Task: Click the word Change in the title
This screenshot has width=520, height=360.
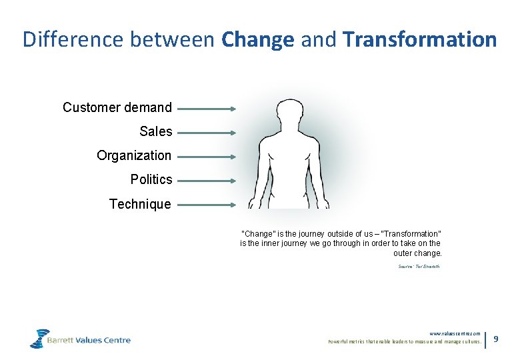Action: (x=257, y=39)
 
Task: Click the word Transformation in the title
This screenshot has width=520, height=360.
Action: (x=420, y=39)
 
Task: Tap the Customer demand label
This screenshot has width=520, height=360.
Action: (x=117, y=107)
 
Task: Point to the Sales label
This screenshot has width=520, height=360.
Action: (x=156, y=131)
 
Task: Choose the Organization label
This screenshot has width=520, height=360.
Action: (x=133, y=155)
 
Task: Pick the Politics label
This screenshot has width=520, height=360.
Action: (x=151, y=179)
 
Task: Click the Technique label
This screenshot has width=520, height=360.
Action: (x=140, y=204)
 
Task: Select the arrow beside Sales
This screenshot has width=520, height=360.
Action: (x=207, y=133)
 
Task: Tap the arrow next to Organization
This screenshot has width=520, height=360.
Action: (x=207, y=157)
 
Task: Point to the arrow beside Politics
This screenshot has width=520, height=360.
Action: (x=207, y=181)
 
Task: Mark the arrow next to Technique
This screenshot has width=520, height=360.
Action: (x=207, y=205)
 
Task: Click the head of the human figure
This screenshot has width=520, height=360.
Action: (x=289, y=113)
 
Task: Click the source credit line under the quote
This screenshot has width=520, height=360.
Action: (x=419, y=267)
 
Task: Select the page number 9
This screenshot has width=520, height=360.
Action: (x=496, y=339)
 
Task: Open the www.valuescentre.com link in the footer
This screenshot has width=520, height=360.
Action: (x=455, y=333)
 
